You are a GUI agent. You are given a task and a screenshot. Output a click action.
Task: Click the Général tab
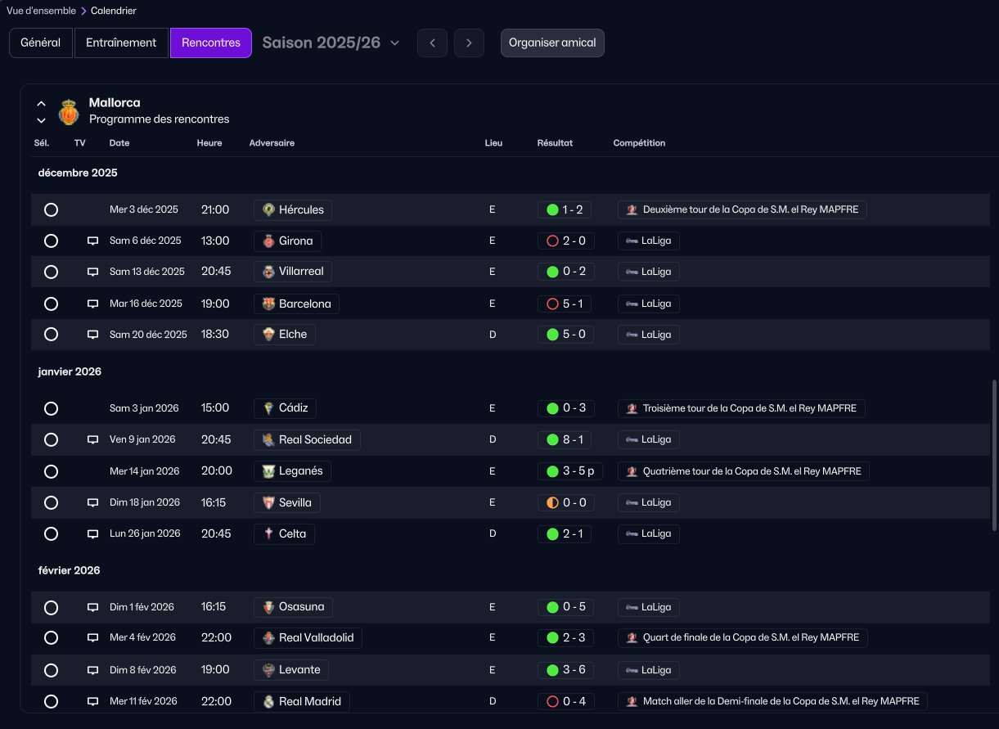tap(41, 43)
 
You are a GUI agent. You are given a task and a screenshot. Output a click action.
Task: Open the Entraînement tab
tap(121, 43)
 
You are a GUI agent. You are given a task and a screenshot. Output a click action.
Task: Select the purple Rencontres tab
tap(211, 43)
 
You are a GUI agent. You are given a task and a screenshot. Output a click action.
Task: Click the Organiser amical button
tap(552, 43)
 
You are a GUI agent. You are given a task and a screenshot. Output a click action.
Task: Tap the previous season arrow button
tap(432, 43)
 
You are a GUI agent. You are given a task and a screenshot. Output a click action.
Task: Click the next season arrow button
tap(469, 43)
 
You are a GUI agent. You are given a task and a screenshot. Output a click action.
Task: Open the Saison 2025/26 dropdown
tap(331, 43)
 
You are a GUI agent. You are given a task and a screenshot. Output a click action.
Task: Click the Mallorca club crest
tap(69, 112)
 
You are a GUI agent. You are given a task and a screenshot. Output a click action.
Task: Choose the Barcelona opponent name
tap(305, 304)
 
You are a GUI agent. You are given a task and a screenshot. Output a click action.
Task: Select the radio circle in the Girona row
tap(51, 241)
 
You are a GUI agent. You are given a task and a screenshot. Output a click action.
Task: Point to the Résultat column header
tap(555, 143)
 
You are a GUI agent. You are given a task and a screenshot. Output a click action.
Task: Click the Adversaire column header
tap(272, 143)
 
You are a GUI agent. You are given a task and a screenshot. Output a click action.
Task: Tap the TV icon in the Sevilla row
tap(92, 502)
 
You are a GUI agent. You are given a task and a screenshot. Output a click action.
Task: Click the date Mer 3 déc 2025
tap(144, 209)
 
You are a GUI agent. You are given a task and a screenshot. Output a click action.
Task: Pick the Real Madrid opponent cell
tap(302, 701)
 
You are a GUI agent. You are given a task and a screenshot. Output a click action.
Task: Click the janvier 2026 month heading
tap(70, 371)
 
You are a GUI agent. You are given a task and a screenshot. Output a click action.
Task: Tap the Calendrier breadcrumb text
tap(113, 11)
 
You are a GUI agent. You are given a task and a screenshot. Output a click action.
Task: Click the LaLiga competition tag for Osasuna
tap(649, 607)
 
